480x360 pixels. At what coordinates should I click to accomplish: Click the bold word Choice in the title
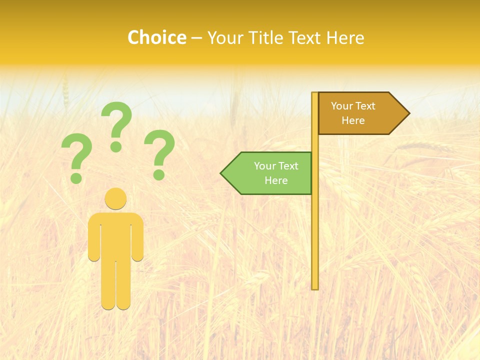[156, 37]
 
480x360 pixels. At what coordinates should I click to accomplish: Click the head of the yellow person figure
[115, 198]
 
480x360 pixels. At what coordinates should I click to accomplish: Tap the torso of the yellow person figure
[115, 235]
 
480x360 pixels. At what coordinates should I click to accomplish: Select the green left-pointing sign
[270, 173]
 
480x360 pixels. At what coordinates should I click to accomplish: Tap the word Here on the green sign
[276, 180]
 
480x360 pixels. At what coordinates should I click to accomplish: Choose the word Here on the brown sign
[353, 120]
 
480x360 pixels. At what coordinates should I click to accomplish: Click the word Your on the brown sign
[342, 106]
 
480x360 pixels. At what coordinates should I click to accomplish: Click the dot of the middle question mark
[116, 146]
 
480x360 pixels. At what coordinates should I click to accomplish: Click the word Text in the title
[306, 37]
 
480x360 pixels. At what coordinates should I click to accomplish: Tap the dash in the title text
[196, 38]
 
